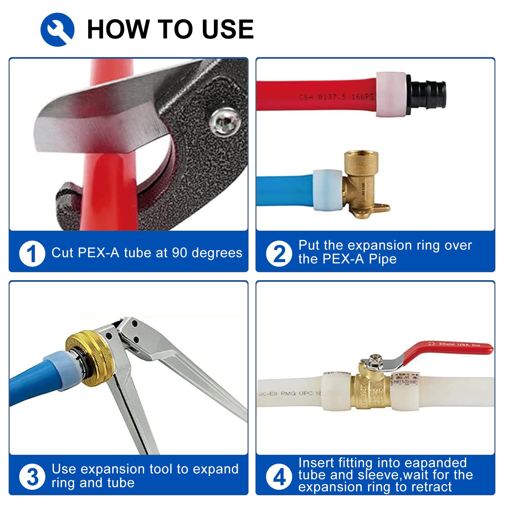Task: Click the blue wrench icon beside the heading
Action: [57, 30]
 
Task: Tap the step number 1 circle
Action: [32, 254]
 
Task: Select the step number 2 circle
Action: [279, 254]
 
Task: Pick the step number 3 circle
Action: [32, 477]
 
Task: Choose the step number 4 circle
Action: [279, 477]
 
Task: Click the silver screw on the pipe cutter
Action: [224, 122]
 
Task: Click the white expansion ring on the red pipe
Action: [391, 95]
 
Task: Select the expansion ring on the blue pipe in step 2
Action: [327, 190]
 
